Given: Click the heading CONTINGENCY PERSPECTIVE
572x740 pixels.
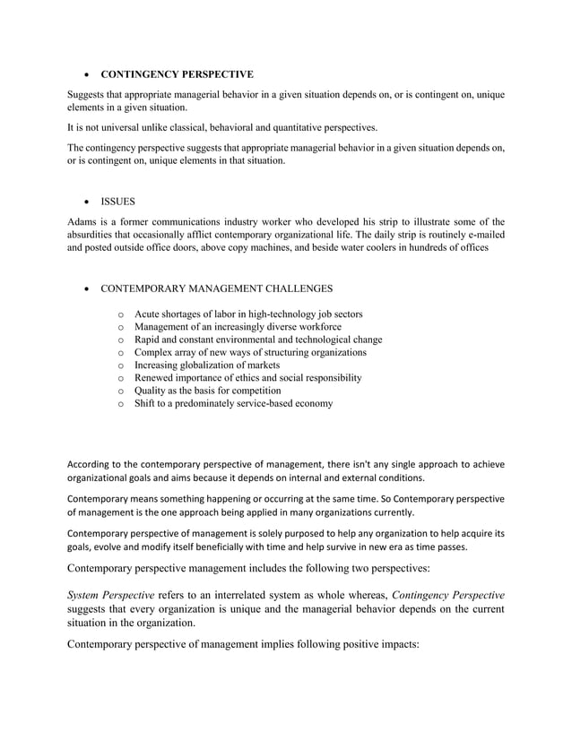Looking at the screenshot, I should pyautogui.click(x=177, y=73).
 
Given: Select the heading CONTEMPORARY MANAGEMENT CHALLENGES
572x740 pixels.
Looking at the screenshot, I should pyautogui.click(x=216, y=288).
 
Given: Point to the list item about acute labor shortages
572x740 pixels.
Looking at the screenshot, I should pyautogui.click(x=248, y=314).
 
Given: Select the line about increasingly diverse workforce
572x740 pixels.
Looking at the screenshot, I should pyautogui.click(x=238, y=326).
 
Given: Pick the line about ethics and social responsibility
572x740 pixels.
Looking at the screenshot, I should pyautogui.click(x=247, y=378).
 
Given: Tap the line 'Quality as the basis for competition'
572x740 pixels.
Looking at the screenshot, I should pyautogui.click(x=207, y=391).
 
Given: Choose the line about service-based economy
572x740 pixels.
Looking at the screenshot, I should pyautogui.click(x=233, y=403).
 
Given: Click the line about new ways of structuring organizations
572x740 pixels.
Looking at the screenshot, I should pyautogui.click(x=250, y=352).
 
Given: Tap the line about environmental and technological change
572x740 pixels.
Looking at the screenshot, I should pyautogui.click(x=258, y=340).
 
